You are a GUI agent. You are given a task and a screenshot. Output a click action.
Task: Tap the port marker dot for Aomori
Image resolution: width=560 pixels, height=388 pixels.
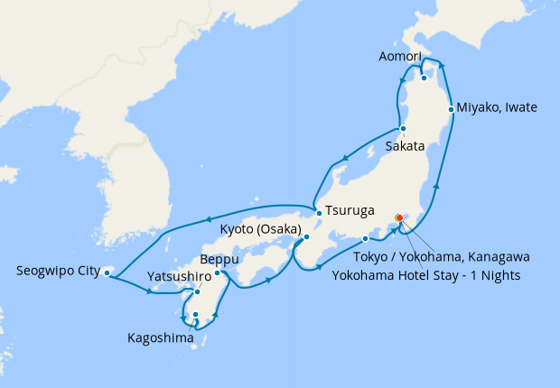coord(424,78)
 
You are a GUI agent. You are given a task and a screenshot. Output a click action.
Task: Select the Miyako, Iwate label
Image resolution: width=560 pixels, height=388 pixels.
coord(497,107)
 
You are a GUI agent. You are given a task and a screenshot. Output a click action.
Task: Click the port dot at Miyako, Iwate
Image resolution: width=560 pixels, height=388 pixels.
coord(452,109)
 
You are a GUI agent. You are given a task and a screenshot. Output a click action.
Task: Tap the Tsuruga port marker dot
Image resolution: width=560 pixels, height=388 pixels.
coord(319,213)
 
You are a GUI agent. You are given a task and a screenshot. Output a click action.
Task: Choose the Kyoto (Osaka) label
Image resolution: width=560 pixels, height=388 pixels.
coord(261,229)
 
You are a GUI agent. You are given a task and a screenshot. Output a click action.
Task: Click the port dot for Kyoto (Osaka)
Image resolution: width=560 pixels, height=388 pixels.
coord(306,237)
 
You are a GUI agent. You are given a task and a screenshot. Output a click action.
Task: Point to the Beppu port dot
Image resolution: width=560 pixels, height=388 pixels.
coord(217,273)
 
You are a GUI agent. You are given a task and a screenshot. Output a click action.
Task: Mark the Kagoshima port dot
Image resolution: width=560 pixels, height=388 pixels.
coord(195,315)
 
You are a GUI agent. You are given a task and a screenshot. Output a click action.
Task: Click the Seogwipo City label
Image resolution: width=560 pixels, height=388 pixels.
coord(58,270)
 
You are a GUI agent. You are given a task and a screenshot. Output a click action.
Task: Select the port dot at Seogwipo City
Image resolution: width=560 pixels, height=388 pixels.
coord(107,272)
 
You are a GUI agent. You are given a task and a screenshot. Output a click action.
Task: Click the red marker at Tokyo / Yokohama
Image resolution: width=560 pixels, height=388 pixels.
coord(399,217)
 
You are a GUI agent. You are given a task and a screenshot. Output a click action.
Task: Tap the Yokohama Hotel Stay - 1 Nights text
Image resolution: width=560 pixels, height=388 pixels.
coord(426,274)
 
